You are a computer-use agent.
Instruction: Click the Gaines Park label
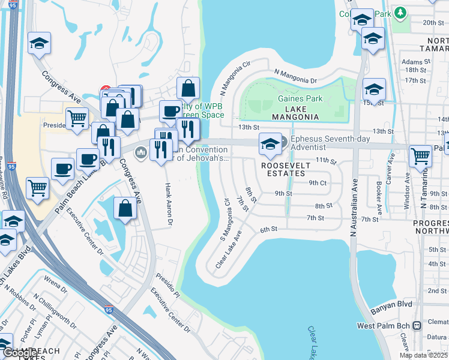300,99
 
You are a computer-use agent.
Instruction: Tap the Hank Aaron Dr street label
169,205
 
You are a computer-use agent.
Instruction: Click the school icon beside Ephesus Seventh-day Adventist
270,144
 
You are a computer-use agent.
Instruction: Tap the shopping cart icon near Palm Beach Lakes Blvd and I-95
38,188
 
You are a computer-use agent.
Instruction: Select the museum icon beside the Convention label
141,152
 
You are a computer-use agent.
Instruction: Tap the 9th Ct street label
318,182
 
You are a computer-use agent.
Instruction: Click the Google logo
19,353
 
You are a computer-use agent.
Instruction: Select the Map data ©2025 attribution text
423,355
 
